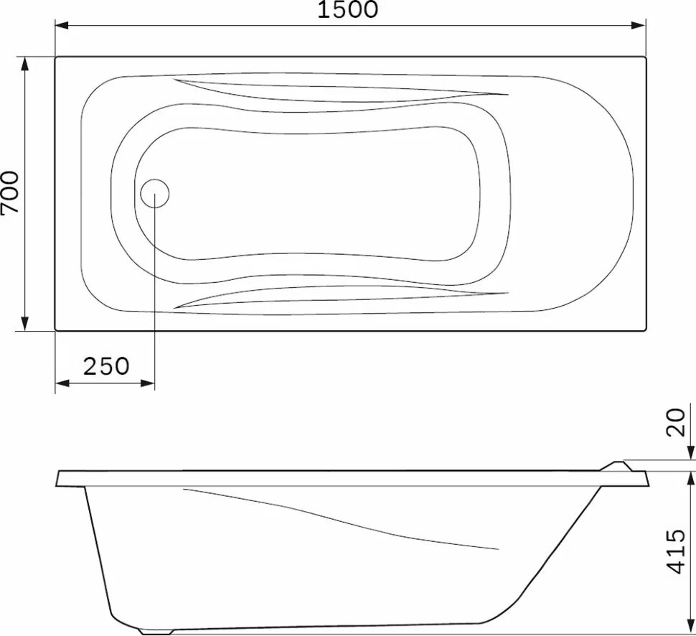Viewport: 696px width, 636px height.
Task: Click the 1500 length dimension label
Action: point(349,10)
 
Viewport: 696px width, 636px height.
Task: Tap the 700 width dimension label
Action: point(10,192)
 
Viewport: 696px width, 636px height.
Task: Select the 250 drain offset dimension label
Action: point(106,366)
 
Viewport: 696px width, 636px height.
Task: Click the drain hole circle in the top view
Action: point(154,194)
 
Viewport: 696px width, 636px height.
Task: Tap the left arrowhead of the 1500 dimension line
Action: point(62,26)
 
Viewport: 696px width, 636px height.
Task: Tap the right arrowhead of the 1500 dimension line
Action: point(640,26)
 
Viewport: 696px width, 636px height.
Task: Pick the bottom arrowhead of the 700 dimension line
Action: point(26,324)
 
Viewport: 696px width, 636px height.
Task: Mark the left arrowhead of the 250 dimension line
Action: point(62,385)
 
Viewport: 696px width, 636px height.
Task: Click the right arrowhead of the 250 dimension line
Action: point(148,385)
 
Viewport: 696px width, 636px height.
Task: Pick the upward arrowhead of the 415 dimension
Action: point(690,478)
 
